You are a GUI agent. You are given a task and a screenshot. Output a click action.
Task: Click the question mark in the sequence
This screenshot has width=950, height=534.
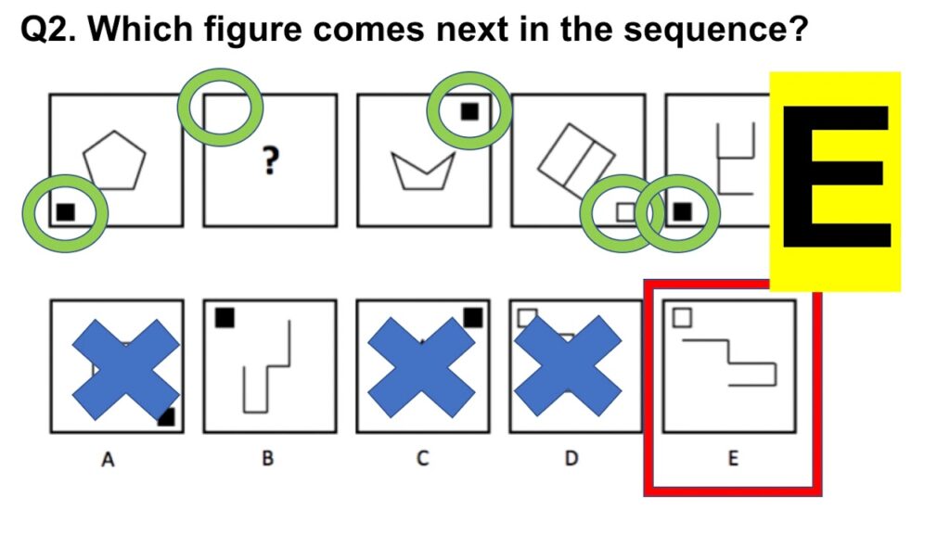270,162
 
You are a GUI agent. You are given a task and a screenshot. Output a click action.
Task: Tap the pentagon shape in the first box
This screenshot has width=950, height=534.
115,159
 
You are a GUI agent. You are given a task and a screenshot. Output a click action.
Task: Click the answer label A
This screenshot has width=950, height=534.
109,458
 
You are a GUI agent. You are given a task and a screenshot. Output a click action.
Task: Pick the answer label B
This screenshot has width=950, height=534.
267,458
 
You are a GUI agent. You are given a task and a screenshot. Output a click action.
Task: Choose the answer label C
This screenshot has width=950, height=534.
422,458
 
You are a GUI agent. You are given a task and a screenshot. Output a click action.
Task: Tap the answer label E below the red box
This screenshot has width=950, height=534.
732,458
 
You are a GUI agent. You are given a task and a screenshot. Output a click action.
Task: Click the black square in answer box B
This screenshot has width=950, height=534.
225,318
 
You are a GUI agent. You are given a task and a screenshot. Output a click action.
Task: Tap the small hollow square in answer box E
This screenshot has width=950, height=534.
682,318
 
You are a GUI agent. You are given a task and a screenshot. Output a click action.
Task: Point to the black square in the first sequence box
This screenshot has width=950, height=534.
65,211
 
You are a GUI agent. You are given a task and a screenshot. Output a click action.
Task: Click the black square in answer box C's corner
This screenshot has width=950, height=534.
473,318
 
